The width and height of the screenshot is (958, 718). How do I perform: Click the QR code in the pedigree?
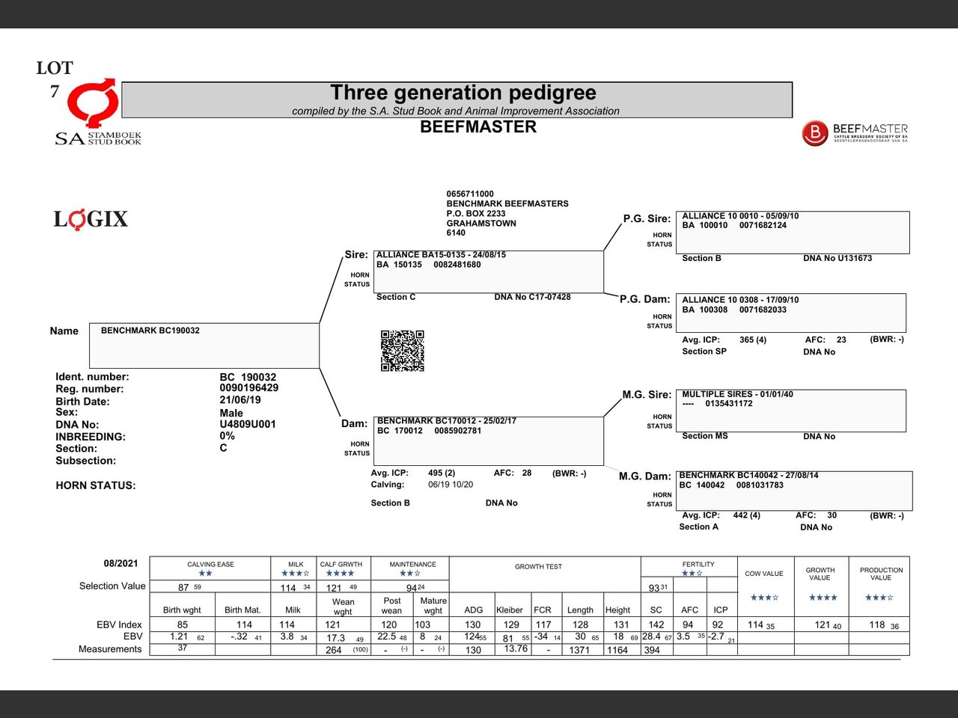coord(403,351)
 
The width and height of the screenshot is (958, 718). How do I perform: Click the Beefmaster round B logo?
coord(815,133)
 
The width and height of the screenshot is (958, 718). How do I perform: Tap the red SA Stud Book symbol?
coord(93,102)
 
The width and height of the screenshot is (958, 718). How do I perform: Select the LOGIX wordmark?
coord(91,219)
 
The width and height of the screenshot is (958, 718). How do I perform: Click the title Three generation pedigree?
coord(463,93)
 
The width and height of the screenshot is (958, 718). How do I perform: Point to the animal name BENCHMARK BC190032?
coord(150,331)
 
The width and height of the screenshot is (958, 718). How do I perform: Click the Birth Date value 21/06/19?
coord(239,400)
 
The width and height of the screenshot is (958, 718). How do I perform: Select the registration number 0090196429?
coord(248,388)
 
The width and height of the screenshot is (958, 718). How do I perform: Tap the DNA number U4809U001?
coord(247,424)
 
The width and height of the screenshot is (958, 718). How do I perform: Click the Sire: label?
coord(356,255)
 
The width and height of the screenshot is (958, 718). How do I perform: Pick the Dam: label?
coord(354,424)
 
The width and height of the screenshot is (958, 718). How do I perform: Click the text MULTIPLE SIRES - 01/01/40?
coord(737,394)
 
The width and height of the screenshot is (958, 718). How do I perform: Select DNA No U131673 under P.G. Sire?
coord(838,258)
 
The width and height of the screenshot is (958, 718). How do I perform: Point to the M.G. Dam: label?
coord(644,476)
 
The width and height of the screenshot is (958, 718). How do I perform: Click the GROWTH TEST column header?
coord(538,567)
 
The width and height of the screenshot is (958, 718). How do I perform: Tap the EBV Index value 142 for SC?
coord(656,625)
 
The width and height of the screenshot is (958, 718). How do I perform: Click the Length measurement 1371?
coord(579,650)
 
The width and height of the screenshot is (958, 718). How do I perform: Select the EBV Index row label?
coord(119,625)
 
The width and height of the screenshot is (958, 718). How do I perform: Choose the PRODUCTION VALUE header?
coord(881,574)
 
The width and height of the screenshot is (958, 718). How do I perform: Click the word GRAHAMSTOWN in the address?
coord(481,223)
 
